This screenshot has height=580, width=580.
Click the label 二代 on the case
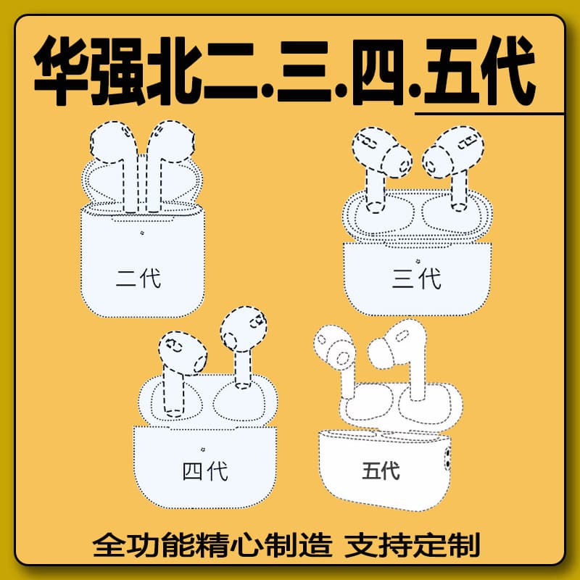(x=138, y=278)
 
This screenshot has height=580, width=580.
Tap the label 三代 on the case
(x=416, y=278)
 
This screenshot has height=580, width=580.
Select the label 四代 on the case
(x=205, y=471)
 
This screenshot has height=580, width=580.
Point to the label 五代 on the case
(x=381, y=471)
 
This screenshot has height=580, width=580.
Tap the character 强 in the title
(x=117, y=70)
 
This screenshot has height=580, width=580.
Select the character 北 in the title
(x=174, y=70)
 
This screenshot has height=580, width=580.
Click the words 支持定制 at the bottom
(x=412, y=544)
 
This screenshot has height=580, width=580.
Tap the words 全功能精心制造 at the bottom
(x=212, y=544)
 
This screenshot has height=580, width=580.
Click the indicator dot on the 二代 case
(x=142, y=233)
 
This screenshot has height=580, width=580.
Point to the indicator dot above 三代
(x=418, y=261)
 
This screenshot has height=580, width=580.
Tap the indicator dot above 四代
(x=203, y=449)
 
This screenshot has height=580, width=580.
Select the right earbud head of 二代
(x=171, y=141)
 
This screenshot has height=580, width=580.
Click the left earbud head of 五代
(x=334, y=347)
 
